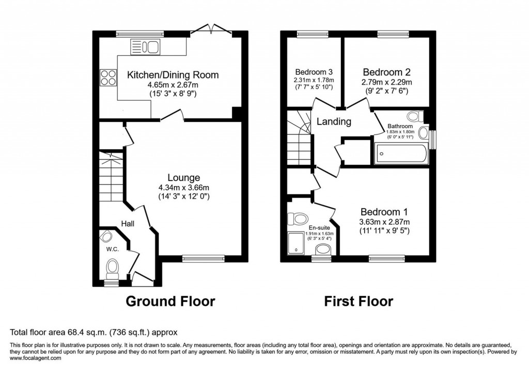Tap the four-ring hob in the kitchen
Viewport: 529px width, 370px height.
[108, 78]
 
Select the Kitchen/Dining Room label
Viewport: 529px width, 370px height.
[173, 75]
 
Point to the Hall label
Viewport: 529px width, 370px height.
[128, 223]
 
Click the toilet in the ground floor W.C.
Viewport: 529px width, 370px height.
[112, 268]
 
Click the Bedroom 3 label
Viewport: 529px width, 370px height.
[314, 72]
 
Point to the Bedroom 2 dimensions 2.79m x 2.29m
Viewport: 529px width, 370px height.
[386, 83]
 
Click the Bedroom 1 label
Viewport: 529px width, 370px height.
[384, 212]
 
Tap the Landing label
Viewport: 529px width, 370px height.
[334, 122]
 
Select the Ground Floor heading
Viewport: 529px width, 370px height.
[170, 301]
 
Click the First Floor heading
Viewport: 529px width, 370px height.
[359, 301]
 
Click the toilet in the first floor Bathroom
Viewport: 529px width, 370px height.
[413, 117]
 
